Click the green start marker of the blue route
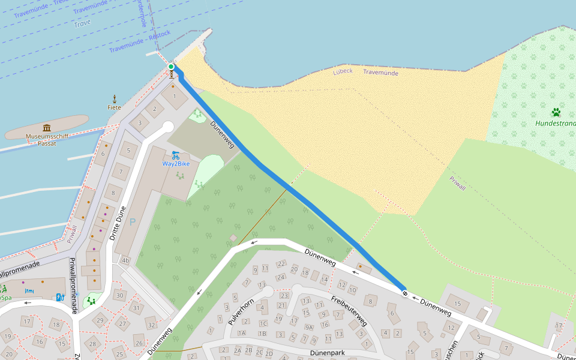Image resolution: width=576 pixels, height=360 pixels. coord(171,67)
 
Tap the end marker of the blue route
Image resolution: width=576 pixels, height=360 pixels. coord(405,293)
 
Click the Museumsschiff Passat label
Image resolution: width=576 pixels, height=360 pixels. coord(47,140)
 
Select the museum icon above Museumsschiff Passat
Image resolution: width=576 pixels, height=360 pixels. coord(47,127)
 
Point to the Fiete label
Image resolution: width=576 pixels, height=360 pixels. coord(114,107)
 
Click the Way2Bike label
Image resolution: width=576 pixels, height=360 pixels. coord(176,163)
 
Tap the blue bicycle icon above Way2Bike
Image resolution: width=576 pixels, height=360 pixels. coord(176,154)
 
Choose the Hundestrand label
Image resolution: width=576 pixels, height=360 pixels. coord(555,124)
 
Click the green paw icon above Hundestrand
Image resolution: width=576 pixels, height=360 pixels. coord(556,112)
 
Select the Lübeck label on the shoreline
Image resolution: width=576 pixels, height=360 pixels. coord(343,71)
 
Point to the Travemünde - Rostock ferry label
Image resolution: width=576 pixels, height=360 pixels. coord(140,41)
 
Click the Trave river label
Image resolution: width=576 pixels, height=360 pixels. coord(82,24)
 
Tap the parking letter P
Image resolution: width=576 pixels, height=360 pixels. coord(133,221)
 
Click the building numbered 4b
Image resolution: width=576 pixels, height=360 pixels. coord(125,261)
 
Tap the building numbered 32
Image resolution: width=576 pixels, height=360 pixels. coord(151,325)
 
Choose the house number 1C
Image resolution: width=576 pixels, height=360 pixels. coord(262,323)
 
